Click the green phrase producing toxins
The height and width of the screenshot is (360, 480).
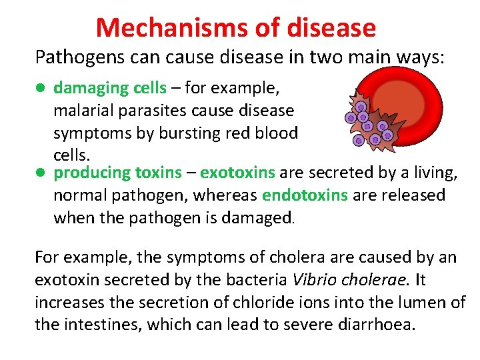117,173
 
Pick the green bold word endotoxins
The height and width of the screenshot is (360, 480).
305,195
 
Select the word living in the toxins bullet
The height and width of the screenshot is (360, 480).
434,173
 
